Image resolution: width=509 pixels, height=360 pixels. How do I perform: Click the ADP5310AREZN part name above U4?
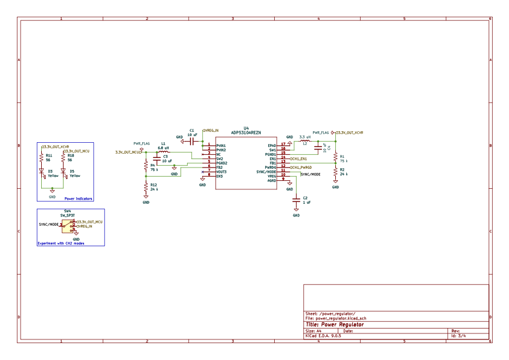(x=246, y=132)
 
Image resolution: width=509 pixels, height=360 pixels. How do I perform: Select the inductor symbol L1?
(x=162, y=152)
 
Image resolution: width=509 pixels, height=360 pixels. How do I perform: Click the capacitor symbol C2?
(x=297, y=200)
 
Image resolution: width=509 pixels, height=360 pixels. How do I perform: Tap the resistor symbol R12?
(x=146, y=188)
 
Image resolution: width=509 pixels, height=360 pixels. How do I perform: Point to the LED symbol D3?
(x=42, y=172)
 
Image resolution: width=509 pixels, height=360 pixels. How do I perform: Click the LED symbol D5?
(x=63, y=172)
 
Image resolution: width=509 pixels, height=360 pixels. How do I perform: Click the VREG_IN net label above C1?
(x=211, y=129)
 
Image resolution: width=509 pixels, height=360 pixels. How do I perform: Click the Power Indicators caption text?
(x=79, y=198)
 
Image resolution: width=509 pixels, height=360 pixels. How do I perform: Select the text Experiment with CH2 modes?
(x=61, y=243)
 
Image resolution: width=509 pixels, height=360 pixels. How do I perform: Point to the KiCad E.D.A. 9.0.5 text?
(x=324, y=336)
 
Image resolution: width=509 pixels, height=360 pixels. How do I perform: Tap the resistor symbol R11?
(x=42, y=157)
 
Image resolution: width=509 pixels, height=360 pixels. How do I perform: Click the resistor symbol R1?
(x=335, y=158)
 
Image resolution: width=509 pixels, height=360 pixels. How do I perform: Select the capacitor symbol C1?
(x=191, y=142)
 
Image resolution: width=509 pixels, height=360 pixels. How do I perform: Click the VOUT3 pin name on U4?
(x=222, y=172)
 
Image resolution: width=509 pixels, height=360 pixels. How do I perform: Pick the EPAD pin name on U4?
(x=272, y=146)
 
